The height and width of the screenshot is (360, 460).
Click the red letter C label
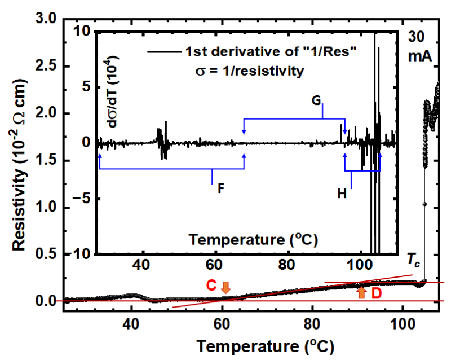(x=211, y=286)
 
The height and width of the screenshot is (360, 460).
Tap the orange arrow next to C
(x=225, y=287)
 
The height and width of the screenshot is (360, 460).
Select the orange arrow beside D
(x=361, y=292)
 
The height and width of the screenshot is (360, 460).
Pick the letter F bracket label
(x=220, y=188)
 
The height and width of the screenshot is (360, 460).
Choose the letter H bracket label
(x=342, y=194)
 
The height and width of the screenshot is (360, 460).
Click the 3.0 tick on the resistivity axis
(x=44, y=20)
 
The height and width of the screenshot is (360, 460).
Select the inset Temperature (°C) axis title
(x=254, y=240)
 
